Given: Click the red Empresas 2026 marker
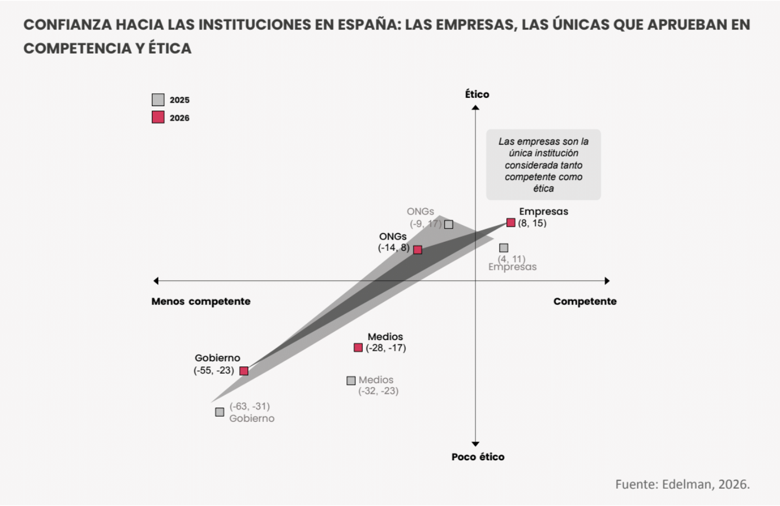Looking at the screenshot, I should (x=511, y=223).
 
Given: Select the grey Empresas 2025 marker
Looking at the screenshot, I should (x=504, y=248).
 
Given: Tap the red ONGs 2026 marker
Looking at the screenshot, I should (x=418, y=250).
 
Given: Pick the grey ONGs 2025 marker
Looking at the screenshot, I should (x=449, y=225).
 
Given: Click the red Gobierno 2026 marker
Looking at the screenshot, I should (x=244, y=371).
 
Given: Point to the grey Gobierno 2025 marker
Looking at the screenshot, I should (x=220, y=412).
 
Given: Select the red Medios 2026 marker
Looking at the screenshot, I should (x=358, y=348).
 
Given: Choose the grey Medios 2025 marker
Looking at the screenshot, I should (x=351, y=381).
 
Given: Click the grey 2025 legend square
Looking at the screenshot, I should (x=158, y=100).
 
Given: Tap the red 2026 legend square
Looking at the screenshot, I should (x=158, y=117).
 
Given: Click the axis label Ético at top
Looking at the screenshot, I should (x=477, y=94).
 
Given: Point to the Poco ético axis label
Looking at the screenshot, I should (x=478, y=457).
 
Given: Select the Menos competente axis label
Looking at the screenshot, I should (x=201, y=302).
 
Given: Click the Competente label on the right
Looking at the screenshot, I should (x=585, y=302).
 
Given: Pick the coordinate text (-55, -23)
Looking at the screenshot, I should (x=214, y=370).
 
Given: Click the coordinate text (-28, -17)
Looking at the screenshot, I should (x=386, y=348).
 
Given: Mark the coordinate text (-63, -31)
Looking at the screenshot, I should (x=250, y=406).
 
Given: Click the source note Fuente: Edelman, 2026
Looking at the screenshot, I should (x=682, y=484).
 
